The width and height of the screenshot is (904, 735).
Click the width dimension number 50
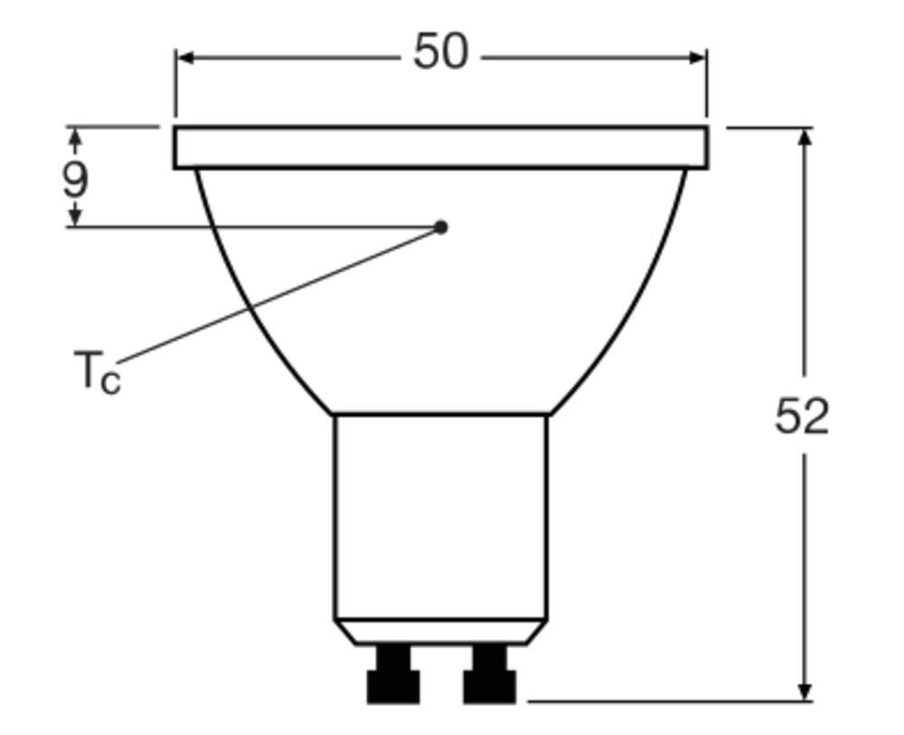point(440,52)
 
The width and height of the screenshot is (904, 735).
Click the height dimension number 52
point(801,417)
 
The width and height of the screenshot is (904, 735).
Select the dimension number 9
point(76,179)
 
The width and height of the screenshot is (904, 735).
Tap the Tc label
point(96,372)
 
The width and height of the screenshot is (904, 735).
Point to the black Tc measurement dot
point(441,227)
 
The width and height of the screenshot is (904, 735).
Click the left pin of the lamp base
point(393,677)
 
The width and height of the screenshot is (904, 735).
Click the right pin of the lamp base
point(489,677)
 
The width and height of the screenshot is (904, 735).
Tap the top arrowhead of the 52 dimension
point(805,137)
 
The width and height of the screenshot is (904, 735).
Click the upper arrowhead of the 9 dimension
point(76,137)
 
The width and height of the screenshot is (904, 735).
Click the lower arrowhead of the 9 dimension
point(76,217)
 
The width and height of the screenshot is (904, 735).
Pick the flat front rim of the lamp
point(440,147)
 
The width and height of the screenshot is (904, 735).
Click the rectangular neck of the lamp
point(440,515)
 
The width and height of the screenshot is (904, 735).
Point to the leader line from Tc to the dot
point(271,297)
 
